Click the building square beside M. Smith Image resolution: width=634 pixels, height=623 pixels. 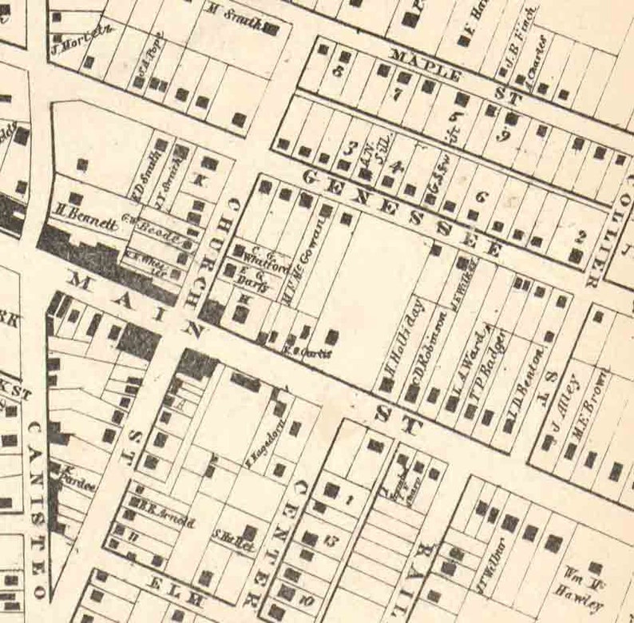pos(271,30)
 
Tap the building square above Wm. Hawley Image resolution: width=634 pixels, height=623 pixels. pos(595,567)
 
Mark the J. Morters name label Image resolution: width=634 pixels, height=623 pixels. pos(81,35)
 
